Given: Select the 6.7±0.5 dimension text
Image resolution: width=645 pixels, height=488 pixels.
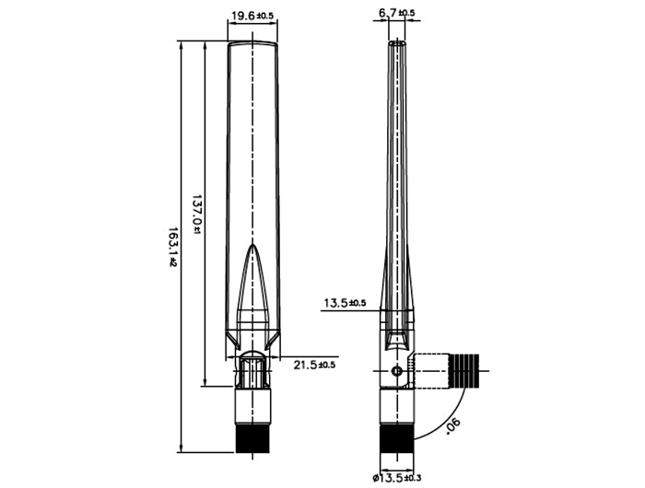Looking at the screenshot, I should (396, 13).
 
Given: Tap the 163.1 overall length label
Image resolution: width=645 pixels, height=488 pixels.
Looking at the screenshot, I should (172, 249).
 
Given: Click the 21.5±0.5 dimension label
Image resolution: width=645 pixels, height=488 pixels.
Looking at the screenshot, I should (314, 366).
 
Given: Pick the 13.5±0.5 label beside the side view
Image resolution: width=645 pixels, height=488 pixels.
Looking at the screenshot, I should (345, 302).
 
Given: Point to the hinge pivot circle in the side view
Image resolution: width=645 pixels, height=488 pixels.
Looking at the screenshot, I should (396, 371).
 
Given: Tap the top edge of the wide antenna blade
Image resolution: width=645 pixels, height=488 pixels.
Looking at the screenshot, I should (252, 41).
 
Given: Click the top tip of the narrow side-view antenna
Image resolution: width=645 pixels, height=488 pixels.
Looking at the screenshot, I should (396, 41).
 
